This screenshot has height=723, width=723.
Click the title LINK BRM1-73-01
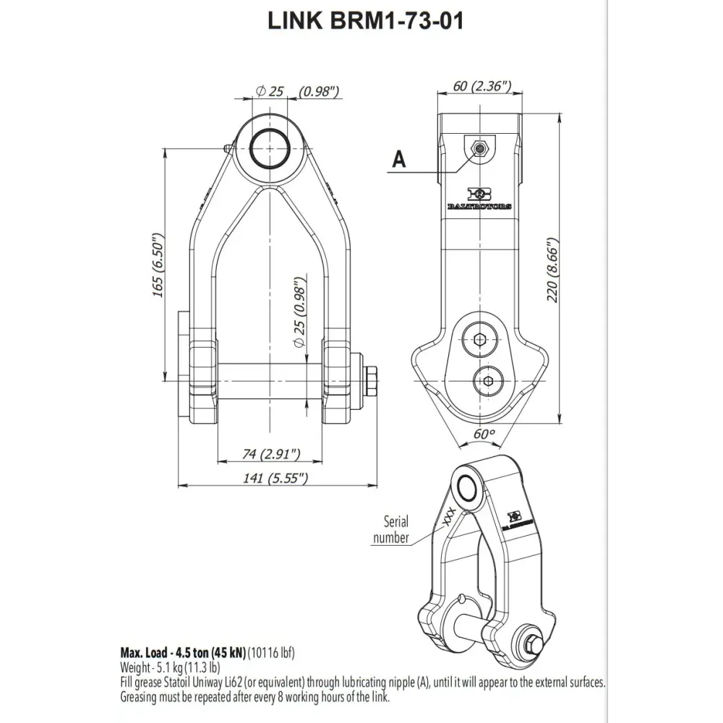[x=365, y=22]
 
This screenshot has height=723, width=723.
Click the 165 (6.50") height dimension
[x=161, y=264]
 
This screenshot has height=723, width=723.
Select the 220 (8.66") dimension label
[x=553, y=270]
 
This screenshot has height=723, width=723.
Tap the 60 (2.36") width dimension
[x=482, y=86]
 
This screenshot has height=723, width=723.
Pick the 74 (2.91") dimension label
[x=271, y=454]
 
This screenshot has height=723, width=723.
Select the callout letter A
[x=398, y=160]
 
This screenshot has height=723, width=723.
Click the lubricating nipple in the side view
[x=478, y=147]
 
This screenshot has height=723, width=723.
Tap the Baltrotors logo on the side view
[x=479, y=198]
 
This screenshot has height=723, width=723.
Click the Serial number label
[x=390, y=529]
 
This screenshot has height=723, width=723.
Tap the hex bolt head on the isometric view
[x=533, y=643]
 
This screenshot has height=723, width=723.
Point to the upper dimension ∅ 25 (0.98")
[x=299, y=91]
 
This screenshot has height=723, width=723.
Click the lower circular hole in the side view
[x=489, y=380]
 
